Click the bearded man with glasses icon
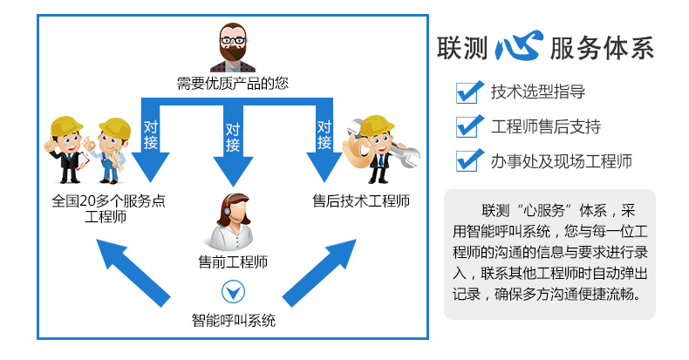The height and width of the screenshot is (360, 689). click(232, 47)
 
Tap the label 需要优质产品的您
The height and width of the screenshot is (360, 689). click(232, 84)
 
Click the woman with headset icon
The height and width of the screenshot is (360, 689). click(231, 220)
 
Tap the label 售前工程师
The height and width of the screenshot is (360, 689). click(232, 261)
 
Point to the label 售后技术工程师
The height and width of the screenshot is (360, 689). click(361, 200)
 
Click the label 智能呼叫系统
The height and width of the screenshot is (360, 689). click(233, 320)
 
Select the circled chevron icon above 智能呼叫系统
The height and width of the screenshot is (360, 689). click(233, 291)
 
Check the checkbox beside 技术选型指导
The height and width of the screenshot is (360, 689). click(469, 91)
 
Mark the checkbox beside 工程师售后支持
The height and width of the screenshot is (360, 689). click(469, 126)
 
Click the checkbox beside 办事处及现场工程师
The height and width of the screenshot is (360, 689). click(469, 160)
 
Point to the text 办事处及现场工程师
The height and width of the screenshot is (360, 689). click(561, 161)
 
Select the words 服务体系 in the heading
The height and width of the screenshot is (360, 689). click(601, 48)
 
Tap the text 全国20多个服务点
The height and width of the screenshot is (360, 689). click(108, 201)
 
